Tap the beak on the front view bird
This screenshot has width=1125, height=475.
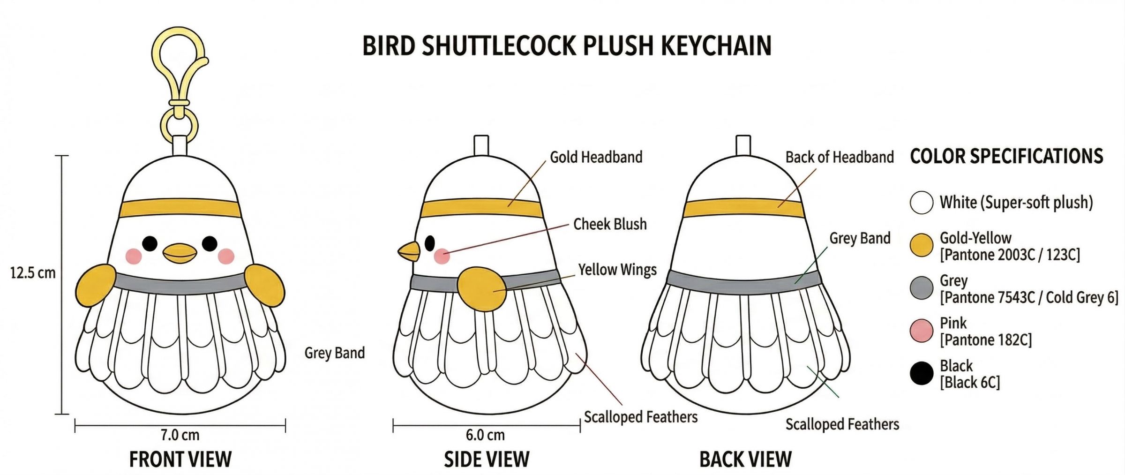[180, 253]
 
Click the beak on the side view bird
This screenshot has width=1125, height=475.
[409, 251]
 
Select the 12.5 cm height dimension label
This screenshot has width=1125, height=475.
[33, 272]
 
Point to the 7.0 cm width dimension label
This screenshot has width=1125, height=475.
[180, 435]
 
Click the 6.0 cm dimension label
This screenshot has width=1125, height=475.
[485, 435]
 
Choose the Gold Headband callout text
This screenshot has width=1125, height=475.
[596, 157]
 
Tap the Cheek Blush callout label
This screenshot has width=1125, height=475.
[610, 224]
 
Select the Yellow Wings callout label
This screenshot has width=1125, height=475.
[617, 270]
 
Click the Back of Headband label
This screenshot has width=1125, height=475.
[840, 157]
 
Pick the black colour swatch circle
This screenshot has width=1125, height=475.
[922, 374]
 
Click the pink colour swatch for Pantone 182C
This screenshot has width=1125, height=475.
[922, 331]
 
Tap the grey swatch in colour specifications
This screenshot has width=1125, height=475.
[922, 288]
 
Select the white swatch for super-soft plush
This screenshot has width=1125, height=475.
[922, 203]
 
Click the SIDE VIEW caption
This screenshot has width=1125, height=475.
[487, 460]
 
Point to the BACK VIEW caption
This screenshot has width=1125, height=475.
[745, 460]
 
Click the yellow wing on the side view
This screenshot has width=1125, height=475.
[481, 288]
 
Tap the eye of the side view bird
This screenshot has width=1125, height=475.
[430, 243]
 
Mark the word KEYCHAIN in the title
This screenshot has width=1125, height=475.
[716, 46]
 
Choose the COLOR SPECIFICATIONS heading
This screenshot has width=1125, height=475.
[1006, 157]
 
